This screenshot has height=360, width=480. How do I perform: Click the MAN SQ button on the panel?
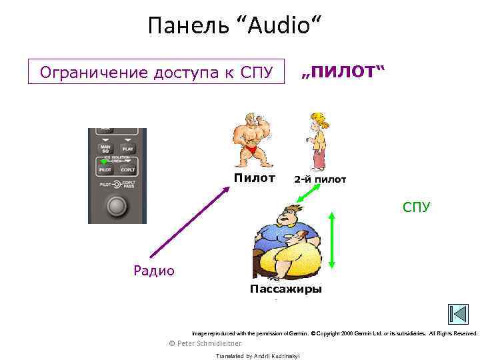pos(105,149)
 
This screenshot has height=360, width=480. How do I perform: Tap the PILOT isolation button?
pos(105,169)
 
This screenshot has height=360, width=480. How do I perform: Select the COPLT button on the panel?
pos(127,169)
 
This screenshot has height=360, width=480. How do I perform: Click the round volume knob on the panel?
pos(117,206)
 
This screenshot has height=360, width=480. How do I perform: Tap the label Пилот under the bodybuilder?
pos(254,178)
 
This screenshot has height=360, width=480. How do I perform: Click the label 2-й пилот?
pos(320,179)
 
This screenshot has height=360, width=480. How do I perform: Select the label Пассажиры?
pos(285,289)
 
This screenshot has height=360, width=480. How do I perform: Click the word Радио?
pos(154,270)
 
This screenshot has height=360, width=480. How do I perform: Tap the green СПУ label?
pos(416,207)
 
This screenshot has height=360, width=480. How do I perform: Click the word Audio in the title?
pos(279,26)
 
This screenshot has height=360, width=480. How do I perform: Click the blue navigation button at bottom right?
pos(458,315)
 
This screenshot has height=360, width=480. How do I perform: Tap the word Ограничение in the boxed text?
pos(86,72)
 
